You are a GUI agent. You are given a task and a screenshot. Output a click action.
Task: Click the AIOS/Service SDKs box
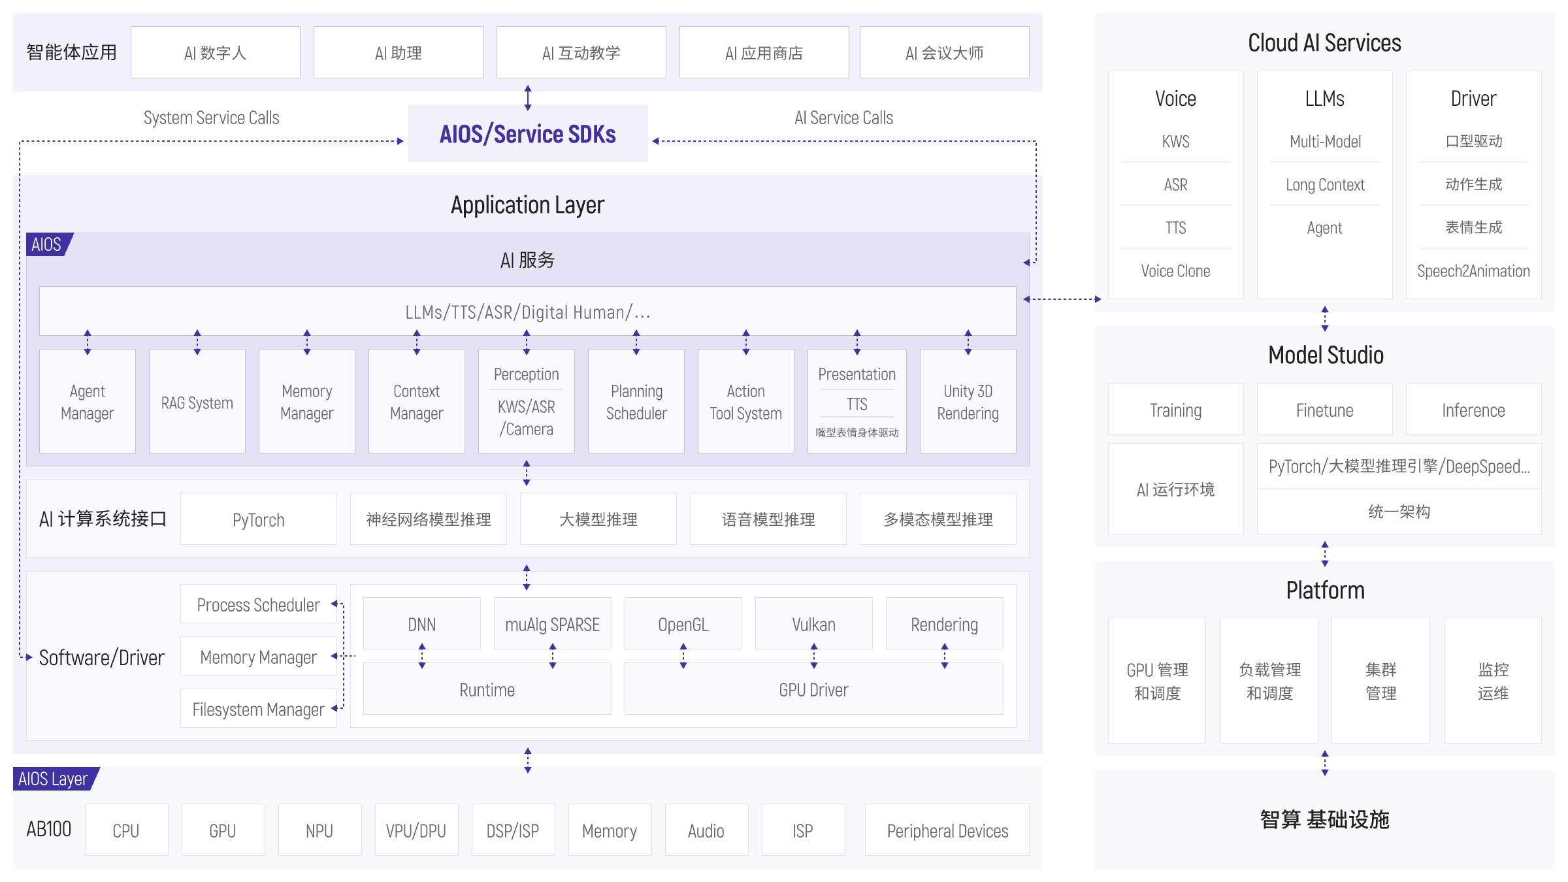coord(527,134)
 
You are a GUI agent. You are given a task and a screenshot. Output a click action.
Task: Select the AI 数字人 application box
coord(215,53)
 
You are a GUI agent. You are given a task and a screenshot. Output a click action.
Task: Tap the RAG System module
coord(197,402)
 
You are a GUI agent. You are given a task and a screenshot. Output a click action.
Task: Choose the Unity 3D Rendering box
coord(968,402)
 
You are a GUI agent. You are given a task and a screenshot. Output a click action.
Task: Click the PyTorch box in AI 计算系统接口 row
coord(258,519)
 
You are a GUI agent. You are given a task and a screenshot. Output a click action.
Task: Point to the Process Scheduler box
coord(258,604)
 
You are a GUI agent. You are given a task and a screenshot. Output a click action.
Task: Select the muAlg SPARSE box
coord(552,624)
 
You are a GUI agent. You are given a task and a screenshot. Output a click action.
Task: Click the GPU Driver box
coord(813,689)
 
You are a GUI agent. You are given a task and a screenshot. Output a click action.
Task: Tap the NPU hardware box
coord(319,830)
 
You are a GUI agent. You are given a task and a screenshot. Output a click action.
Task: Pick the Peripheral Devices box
coord(947,830)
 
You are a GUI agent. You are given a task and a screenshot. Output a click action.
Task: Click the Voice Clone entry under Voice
coord(1175,271)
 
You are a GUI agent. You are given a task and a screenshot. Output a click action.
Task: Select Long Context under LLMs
coord(1324,185)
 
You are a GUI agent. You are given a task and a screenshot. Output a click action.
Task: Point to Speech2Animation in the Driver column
coord(1473,271)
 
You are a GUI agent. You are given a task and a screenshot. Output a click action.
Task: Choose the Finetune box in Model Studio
coord(1324,410)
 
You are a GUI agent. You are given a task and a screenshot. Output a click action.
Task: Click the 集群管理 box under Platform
coord(1380,680)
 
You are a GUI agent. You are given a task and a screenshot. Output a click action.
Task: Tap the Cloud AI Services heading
coord(1324,43)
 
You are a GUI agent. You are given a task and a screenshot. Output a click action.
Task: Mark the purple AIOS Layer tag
coord(54,779)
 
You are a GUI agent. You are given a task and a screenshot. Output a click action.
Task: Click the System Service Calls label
coord(211,118)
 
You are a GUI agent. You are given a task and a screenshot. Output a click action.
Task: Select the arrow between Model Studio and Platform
coord(1324,553)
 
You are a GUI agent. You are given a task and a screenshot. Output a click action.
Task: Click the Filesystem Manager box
coord(258,709)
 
